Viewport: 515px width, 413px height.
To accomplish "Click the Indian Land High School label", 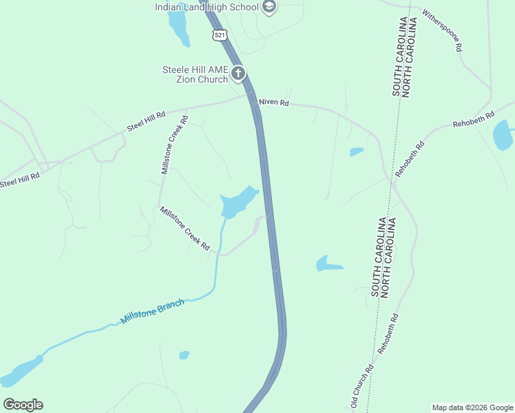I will pos(206,7).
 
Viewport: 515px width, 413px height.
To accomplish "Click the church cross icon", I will pos(238,72).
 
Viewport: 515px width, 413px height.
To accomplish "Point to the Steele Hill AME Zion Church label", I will pos(195,74).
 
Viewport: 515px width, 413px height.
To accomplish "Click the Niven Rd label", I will pos(274,103).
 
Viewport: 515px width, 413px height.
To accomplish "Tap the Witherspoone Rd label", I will pos(442,31).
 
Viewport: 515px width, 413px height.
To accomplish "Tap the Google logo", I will pos(23,405).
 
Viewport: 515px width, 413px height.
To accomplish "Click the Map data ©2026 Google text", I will pos(472,407).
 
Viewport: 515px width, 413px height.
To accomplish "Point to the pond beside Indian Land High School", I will pos(178,28).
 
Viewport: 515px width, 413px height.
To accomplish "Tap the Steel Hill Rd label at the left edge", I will pos(20,180).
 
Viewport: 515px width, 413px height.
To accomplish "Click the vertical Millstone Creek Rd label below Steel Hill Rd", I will pos(174,145).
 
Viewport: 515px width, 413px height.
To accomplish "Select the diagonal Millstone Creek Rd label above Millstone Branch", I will pos(185,228).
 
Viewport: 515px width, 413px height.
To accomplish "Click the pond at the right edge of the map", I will pos(503,135).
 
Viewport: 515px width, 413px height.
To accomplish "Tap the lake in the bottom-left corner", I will pos(21,372).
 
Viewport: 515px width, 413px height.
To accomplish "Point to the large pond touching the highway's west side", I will pos(238,202).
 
